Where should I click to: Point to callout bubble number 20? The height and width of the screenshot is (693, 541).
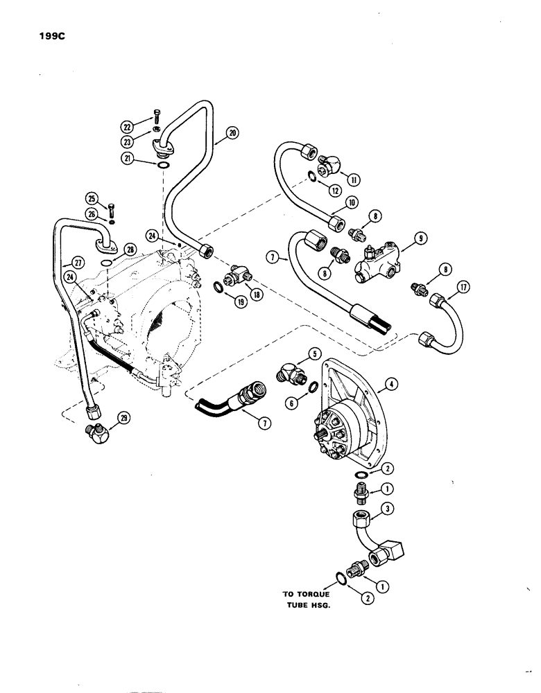point(232,132)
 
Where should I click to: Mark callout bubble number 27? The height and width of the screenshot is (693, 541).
point(67,261)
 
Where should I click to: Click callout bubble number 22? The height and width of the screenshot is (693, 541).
point(126,126)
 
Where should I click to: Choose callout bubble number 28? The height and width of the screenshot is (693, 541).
point(129,249)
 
